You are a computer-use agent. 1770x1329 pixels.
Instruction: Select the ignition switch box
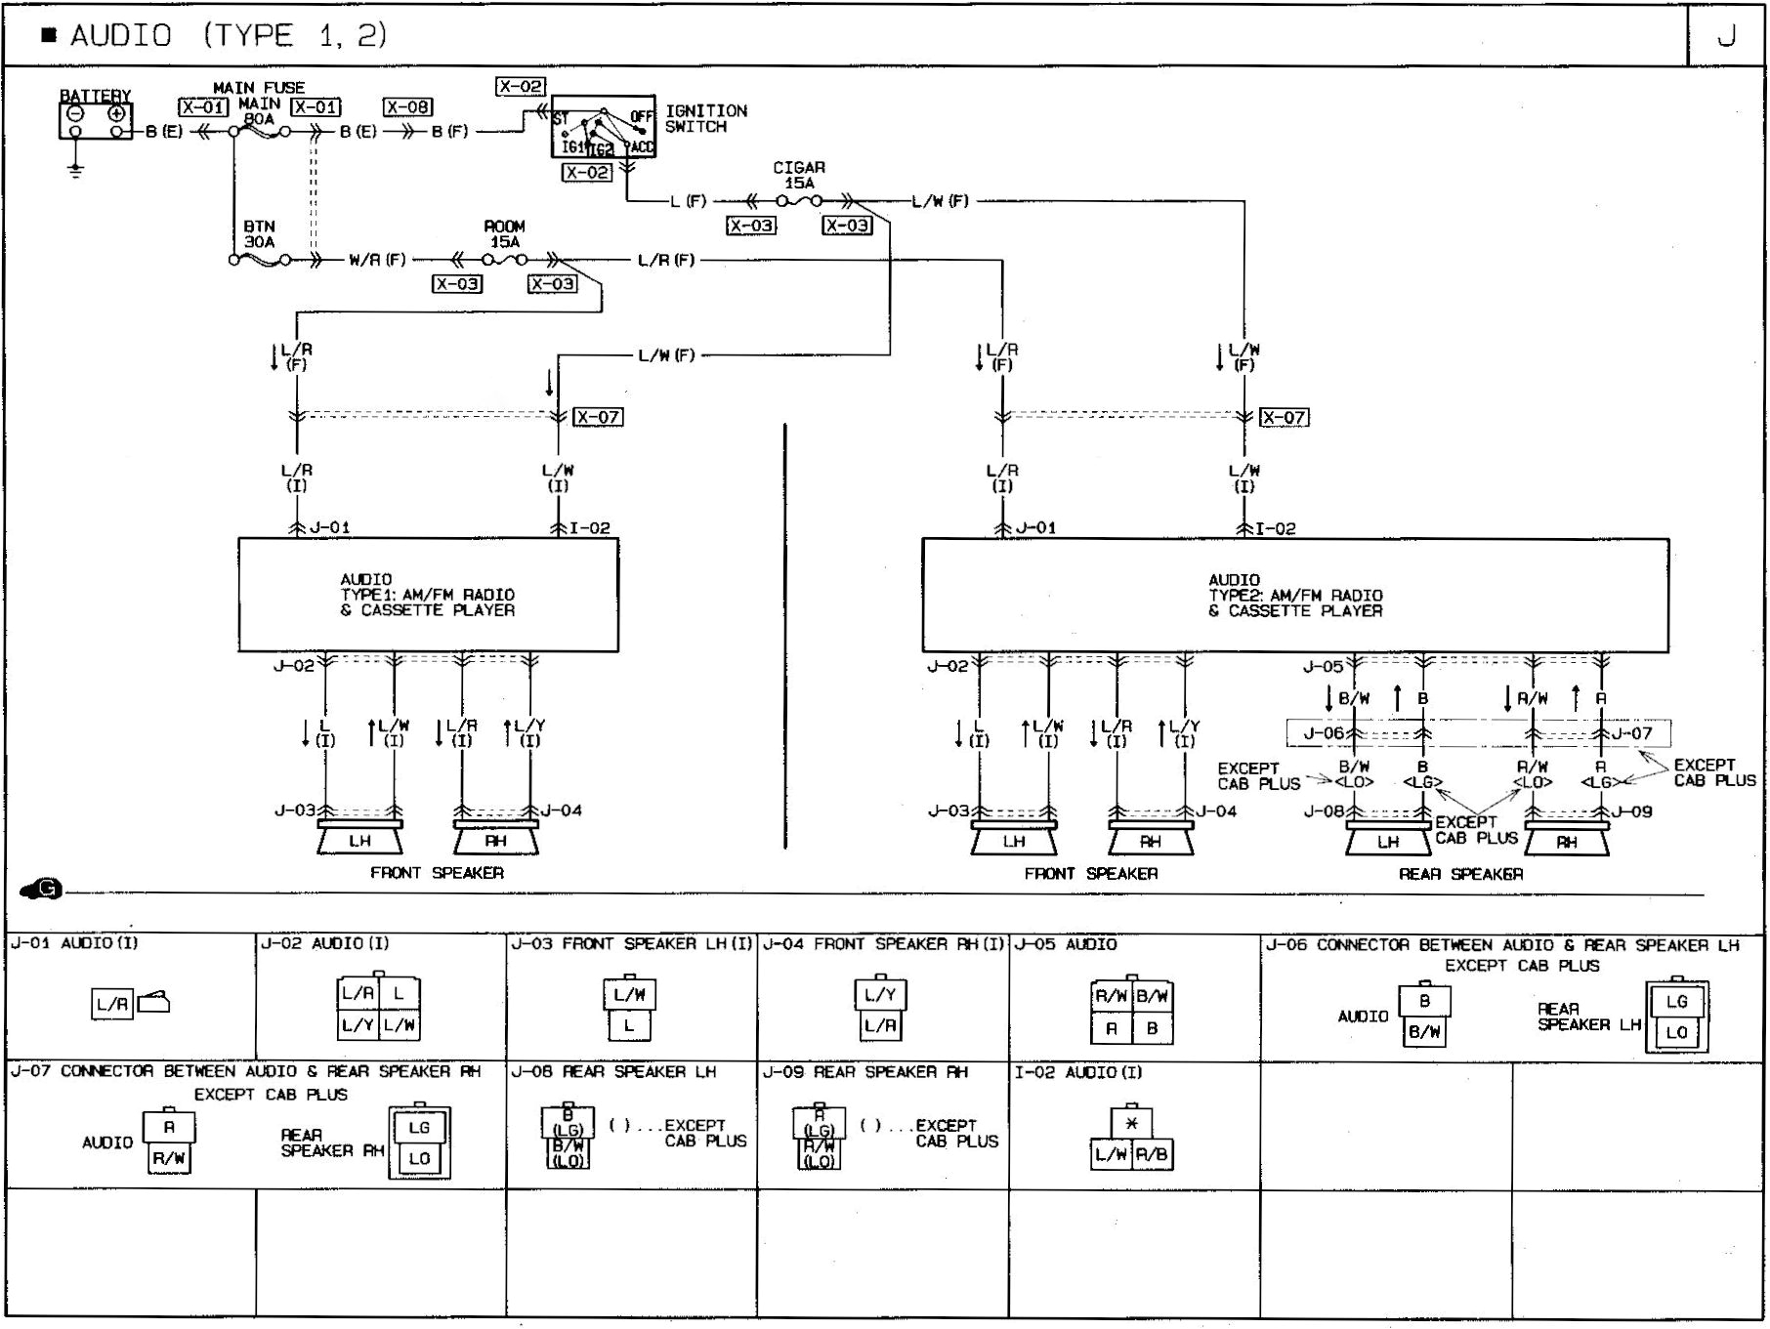tap(603, 127)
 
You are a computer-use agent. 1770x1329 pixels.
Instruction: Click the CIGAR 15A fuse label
tap(799, 175)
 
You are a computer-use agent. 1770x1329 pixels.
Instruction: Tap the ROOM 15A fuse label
tap(504, 233)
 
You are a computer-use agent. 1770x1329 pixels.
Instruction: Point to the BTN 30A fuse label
tap(259, 233)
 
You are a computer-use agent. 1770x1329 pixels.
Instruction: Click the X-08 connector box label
tap(407, 107)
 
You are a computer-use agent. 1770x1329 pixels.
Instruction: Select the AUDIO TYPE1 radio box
tap(428, 594)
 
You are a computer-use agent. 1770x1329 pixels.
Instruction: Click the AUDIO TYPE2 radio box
tap(1294, 595)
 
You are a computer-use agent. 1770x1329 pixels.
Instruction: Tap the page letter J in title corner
tap(1727, 36)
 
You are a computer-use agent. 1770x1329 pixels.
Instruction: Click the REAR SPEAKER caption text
tap(1460, 874)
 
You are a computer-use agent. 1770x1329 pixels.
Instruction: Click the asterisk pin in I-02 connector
tap(1131, 1123)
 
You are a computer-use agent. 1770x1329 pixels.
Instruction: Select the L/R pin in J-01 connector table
tap(111, 1004)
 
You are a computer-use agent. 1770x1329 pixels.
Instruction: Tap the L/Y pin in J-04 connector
tap(879, 995)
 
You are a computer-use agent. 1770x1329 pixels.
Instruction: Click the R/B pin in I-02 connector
tap(1152, 1154)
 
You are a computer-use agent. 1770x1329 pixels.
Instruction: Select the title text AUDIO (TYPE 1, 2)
tap(229, 36)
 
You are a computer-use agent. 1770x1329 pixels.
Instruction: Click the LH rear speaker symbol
tap(1388, 841)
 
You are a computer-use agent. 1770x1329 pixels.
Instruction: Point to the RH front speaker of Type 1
tap(495, 840)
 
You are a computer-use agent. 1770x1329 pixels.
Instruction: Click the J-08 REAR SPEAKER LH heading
tap(613, 1072)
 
